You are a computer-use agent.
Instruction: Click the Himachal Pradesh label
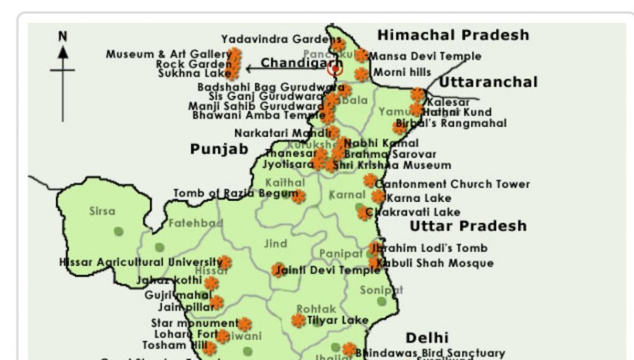(453, 35)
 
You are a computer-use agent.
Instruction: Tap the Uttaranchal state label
(488, 82)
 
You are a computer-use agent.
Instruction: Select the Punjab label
(219, 149)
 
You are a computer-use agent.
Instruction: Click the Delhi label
(427, 338)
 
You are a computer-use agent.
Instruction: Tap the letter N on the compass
(63, 37)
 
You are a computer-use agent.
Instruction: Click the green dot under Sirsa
(119, 232)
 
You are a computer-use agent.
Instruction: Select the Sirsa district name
(102, 211)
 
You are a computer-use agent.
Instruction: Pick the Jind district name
(276, 244)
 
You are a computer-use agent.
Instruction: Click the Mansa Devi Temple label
(425, 56)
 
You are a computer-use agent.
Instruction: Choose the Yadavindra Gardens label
(273, 40)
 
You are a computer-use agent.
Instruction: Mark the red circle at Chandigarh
(335, 68)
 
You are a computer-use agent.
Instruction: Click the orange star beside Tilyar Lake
(299, 320)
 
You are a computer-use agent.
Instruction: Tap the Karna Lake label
(419, 199)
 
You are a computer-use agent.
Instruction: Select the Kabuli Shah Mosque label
(438, 263)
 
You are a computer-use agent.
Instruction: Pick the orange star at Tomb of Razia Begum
(299, 197)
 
